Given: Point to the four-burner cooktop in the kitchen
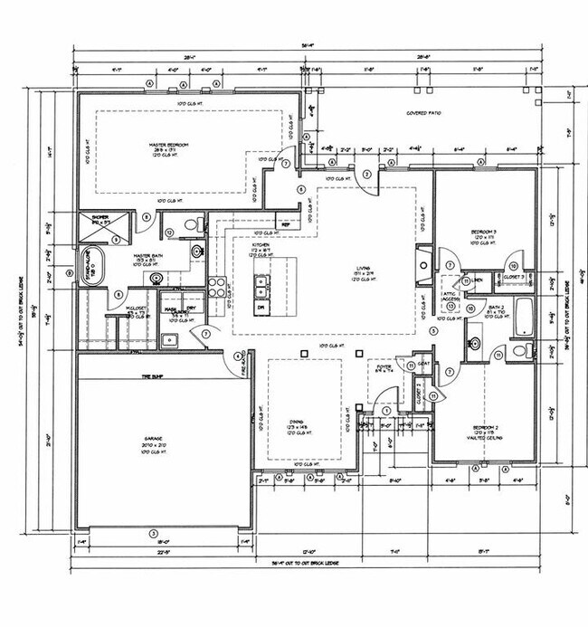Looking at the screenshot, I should [x=218, y=287].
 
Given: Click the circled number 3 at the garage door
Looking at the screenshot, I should [x=154, y=533].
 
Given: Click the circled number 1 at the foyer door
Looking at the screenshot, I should [x=387, y=411].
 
